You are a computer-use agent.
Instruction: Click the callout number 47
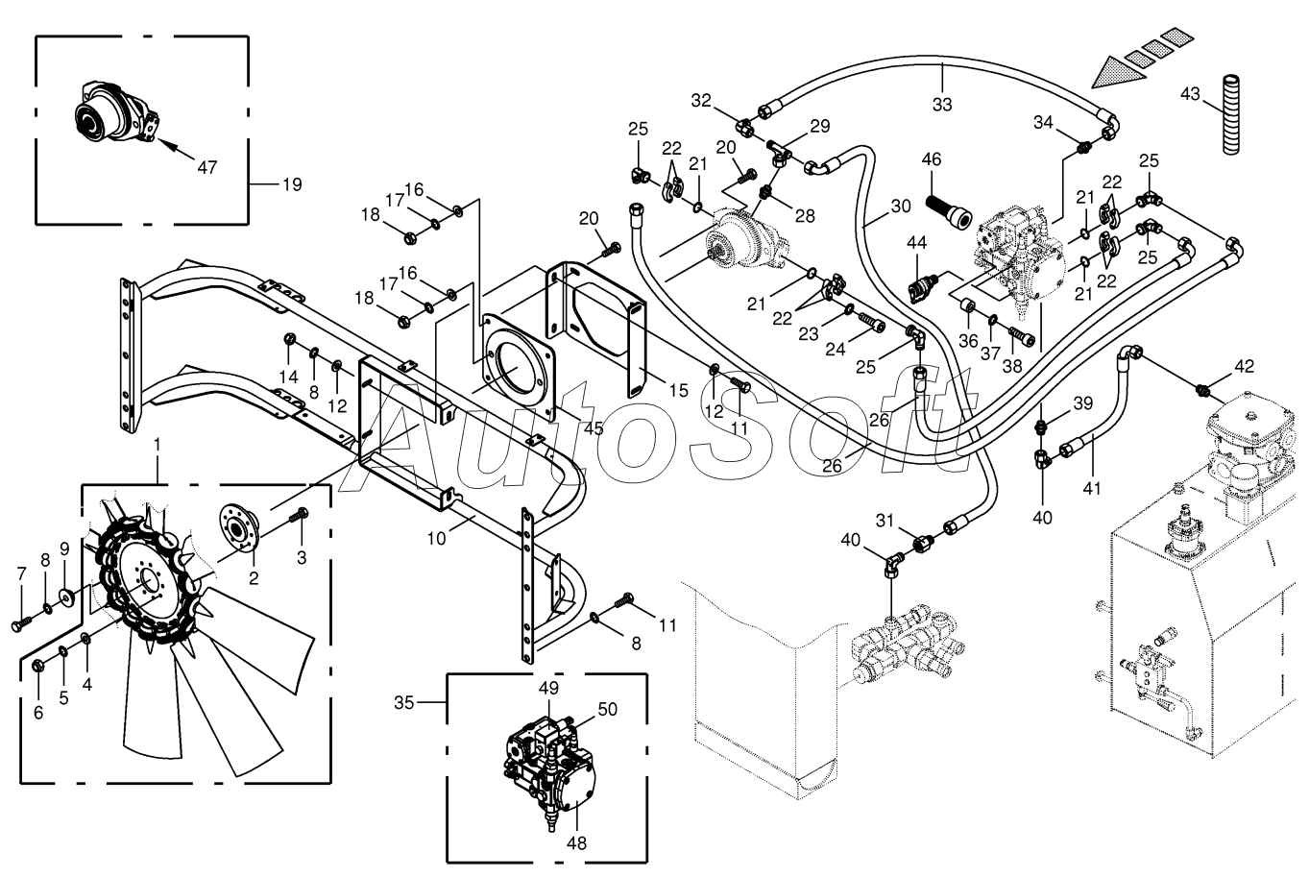tap(206, 168)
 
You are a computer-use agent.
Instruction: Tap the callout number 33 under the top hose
tap(942, 105)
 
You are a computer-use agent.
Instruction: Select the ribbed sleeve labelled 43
tap(1232, 115)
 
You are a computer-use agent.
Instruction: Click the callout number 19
tap(292, 184)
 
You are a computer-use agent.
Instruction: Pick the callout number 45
tap(594, 428)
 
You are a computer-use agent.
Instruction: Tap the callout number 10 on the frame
tap(437, 539)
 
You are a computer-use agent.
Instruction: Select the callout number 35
tap(403, 703)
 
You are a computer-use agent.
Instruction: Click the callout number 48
tap(576, 843)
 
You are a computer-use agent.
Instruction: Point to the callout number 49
tap(548, 688)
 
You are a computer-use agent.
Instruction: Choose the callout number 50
tap(608, 709)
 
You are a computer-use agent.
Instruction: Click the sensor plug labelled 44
tap(923, 286)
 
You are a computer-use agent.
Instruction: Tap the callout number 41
tap(1092, 488)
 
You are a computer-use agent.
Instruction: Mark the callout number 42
tap(1244, 367)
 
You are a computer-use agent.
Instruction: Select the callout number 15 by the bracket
tap(678, 391)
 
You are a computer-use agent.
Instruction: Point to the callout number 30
tap(901, 207)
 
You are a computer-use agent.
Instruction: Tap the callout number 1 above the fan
tap(157, 446)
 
